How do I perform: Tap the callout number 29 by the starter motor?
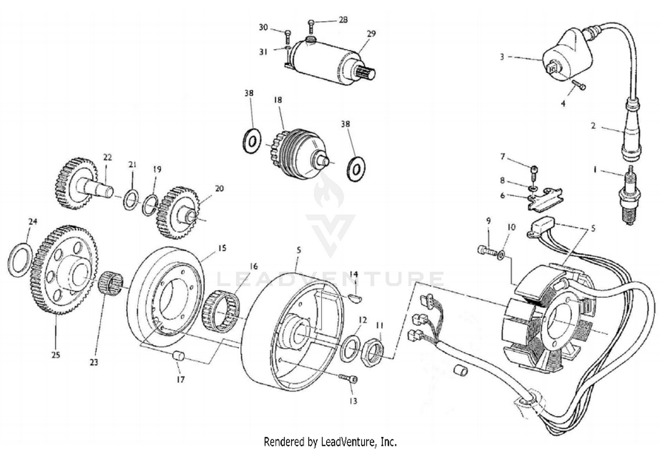[x=371, y=34]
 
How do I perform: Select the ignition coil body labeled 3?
[x=560, y=57]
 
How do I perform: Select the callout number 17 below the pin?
[x=181, y=379]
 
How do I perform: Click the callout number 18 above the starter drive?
[x=278, y=100]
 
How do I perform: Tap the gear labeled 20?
[x=178, y=211]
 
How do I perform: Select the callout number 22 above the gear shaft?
[x=108, y=157]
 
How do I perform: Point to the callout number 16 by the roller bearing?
[x=253, y=267]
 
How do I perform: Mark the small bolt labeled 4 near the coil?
[x=578, y=85]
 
